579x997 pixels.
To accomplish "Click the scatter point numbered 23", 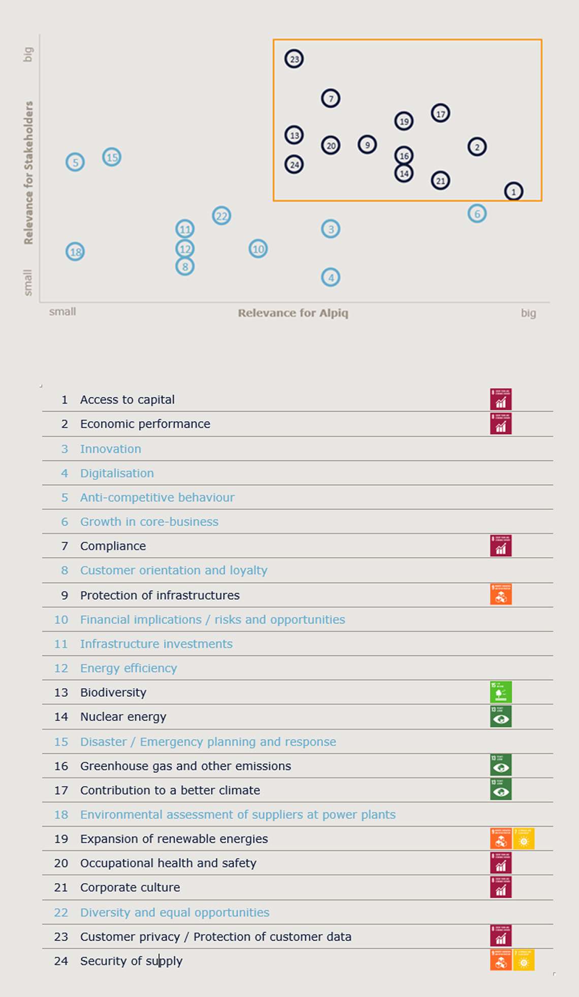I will click(294, 59).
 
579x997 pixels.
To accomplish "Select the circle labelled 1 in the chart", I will click(513, 192).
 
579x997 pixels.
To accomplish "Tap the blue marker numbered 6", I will click(477, 213).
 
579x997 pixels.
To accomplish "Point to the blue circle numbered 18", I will click(75, 252).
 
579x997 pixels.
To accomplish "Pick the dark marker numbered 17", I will click(440, 113).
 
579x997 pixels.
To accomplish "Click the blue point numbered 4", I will click(331, 277).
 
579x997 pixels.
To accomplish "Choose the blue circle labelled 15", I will click(112, 157).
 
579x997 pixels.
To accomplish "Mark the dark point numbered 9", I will click(367, 145).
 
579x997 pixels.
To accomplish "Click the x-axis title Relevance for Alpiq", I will click(293, 313).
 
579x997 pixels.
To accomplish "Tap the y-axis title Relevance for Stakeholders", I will click(28, 172).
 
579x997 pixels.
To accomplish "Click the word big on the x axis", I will click(528, 313).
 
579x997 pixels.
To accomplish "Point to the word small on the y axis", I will click(28, 282).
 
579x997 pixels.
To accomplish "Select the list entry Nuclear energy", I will click(123, 716).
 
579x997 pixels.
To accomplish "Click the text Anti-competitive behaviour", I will click(157, 497).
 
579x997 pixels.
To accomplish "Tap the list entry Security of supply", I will click(131, 961).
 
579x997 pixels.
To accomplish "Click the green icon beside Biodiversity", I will click(501, 692).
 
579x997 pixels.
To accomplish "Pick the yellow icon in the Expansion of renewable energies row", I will click(524, 838).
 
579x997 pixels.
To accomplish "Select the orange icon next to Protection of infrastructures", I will click(501, 595).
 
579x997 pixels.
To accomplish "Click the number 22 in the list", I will click(61, 912).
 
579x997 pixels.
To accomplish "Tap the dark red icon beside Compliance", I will click(501, 546).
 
